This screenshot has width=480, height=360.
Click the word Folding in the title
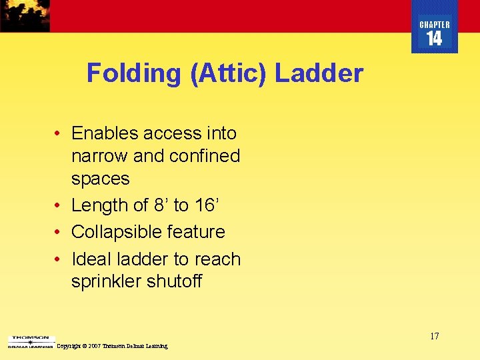pos(133,73)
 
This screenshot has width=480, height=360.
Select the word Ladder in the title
pos(319,73)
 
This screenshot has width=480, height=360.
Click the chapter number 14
pos(434,39)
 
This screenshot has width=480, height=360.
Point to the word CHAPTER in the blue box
pos(435,25)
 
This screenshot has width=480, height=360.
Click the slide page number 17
pos(434,336)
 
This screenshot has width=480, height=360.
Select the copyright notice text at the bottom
pos(113,346)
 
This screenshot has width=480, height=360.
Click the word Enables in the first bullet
pos(103,133)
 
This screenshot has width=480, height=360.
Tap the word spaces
pos(100,179)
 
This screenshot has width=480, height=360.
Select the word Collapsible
pos(115,232)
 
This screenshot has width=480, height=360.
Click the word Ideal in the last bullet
pos(89,259)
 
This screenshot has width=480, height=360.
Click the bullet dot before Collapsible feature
pos(59,232)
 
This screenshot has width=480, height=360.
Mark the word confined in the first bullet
pos(205,156)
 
